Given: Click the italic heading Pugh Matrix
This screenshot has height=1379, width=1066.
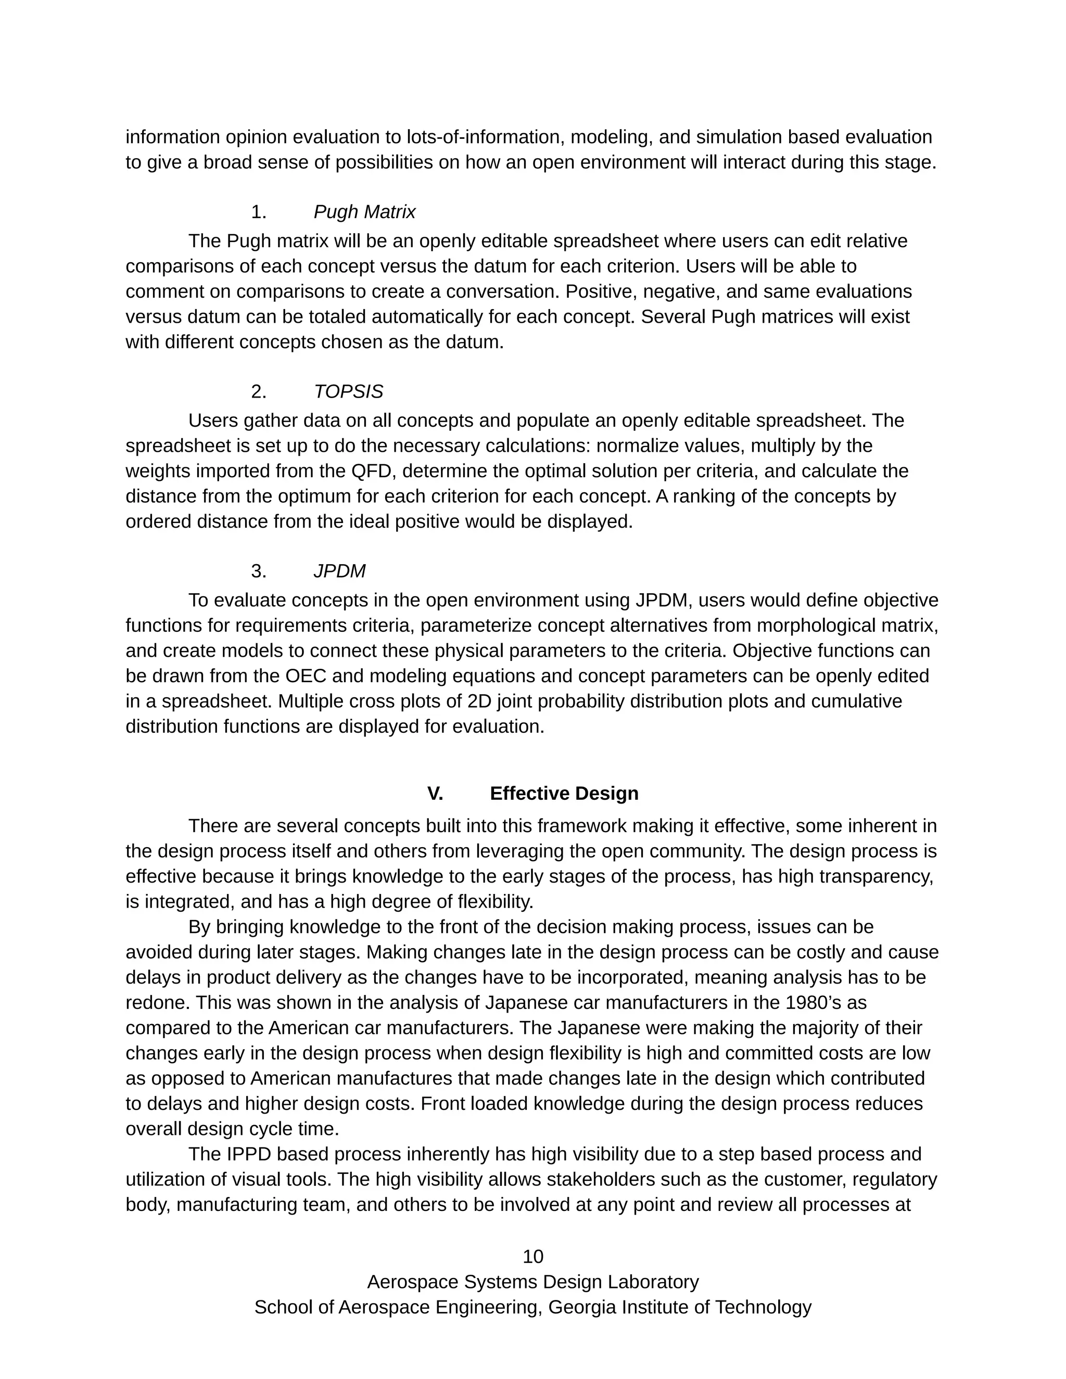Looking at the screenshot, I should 364,212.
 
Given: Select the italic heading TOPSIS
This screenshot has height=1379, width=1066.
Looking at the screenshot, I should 348,392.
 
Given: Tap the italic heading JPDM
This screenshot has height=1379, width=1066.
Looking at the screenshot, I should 339,571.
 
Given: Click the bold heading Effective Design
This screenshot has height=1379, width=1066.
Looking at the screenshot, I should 564,794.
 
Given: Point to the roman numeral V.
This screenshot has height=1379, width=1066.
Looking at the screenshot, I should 435,794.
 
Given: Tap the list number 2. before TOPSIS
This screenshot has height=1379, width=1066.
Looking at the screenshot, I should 258,392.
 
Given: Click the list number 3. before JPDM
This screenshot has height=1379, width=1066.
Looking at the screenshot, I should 258,571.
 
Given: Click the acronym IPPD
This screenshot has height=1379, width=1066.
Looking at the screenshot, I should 248,1154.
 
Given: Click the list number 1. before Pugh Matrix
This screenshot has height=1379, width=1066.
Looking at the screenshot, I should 258,212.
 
